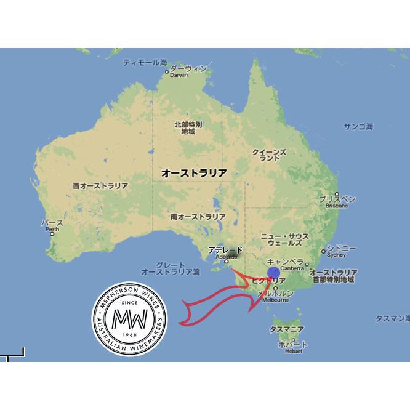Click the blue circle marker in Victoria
pyautogui.click(x=275, y=273)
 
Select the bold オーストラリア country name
pyautogui.click(x=193, y=174)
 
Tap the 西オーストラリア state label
pyautogui.click(x=100, y=186)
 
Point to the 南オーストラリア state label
pyautogui.click(x=198, y=217)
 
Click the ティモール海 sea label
pyautogui.click(x=145, y=63)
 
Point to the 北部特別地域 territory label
pyautogui.click(x=188, y=127)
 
